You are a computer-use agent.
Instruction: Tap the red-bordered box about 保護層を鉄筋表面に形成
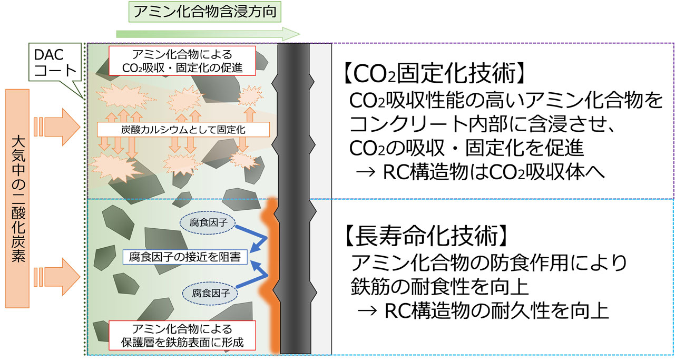[182, 335]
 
